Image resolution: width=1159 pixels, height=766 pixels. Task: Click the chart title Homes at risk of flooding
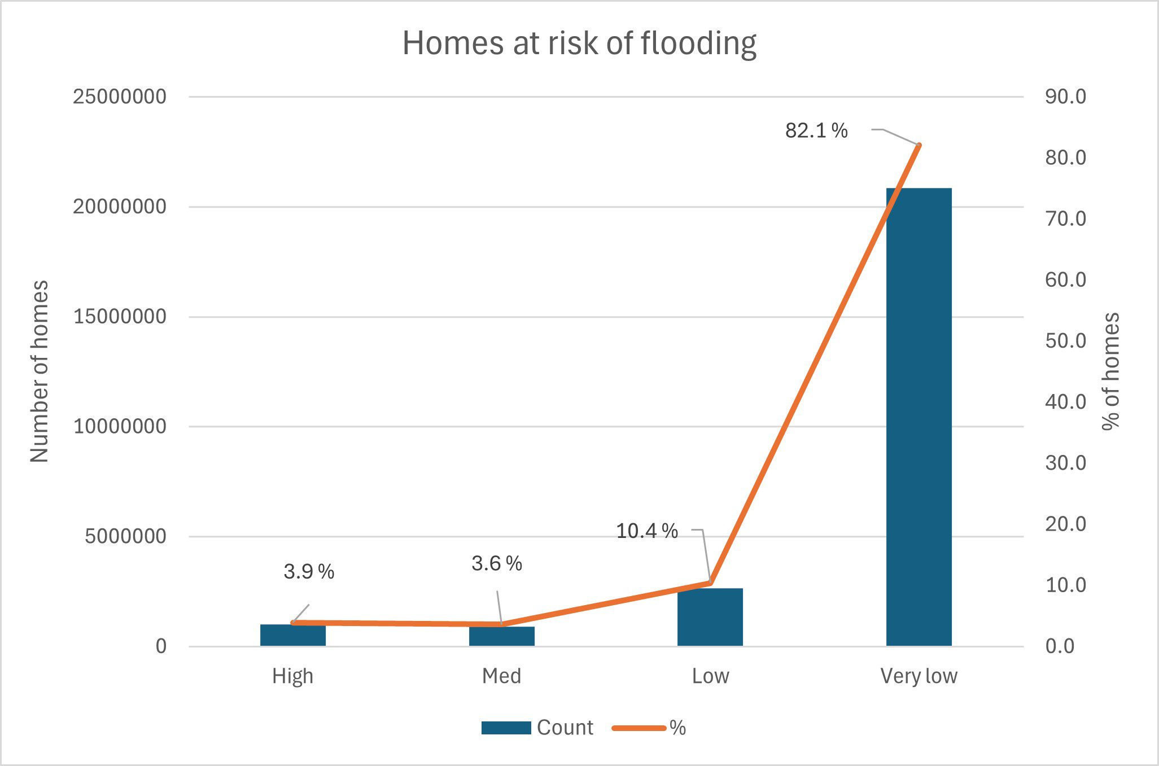coord(579,43)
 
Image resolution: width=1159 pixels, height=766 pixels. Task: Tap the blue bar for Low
coord(710,618)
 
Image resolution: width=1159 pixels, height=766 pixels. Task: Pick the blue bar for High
coord(292,636)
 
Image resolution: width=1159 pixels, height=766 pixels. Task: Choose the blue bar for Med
coord(501,637)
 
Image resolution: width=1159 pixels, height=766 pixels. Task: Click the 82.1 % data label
coord(816,131)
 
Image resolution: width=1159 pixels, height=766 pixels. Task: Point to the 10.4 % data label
coord(646,531)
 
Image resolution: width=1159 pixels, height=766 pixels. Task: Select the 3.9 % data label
coord(308,572)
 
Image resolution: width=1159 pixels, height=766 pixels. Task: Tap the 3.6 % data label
coord(496,563)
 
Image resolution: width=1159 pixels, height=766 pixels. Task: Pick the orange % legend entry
coord(649,728)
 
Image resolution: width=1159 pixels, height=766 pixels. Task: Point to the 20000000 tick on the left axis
coord(120,207)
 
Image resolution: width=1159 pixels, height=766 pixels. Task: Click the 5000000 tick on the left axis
coord(125,536)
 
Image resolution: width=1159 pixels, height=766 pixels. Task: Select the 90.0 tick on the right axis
coord(1065,97)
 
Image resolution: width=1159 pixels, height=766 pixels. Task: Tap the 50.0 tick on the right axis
coord(1065,341)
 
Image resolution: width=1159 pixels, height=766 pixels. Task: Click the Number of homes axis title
coord(40,371)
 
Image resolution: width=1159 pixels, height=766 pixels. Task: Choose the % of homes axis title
coord(1111,371)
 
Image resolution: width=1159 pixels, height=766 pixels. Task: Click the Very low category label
coord(919,676)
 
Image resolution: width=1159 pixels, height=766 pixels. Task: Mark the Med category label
coord(501,676)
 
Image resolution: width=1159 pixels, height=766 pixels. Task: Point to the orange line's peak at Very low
coord(919,146)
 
